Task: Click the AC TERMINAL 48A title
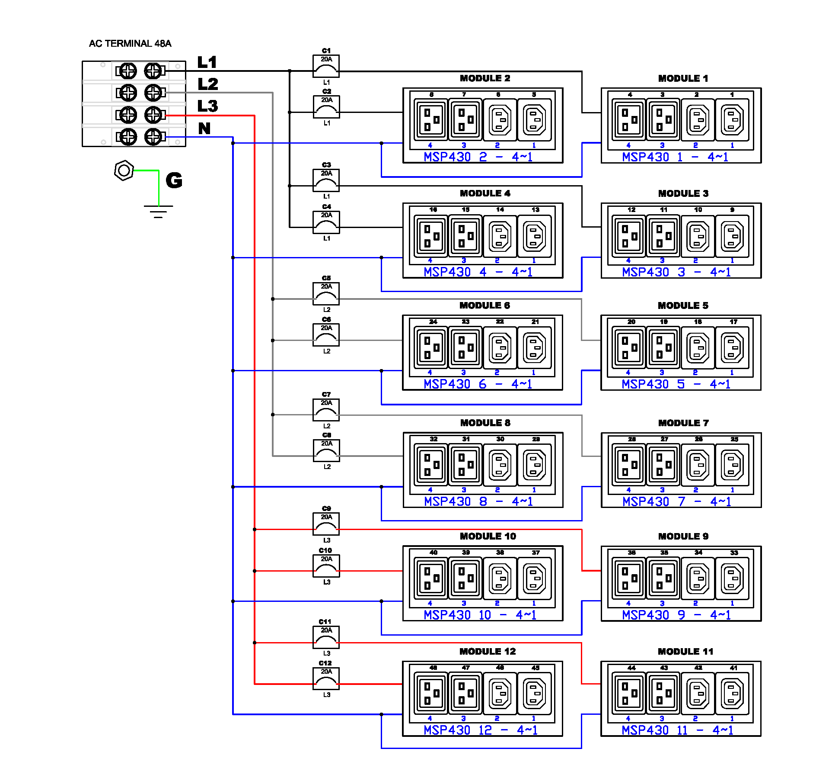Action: point(130,44)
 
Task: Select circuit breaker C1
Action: point(326,66)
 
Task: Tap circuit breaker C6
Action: point(326,335)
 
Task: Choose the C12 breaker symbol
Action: point(326,679)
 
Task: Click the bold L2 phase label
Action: point(208,84)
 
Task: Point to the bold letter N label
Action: point(204,129)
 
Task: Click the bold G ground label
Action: point(174,180)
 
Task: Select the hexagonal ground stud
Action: point(124,170)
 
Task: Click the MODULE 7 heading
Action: point(683,423)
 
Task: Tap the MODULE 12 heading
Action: point(488,651)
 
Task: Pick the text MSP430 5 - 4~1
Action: point(676,384)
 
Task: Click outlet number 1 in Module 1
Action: point(732,120)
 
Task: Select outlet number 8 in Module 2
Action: point(431,120)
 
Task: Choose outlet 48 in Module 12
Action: point(431,693)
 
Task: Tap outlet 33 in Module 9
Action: point(732,578)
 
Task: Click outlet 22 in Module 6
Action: point(500,347)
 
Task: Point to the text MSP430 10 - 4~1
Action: point(480,615)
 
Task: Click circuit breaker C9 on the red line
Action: point(326,524)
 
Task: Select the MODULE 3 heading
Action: point(683,193)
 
